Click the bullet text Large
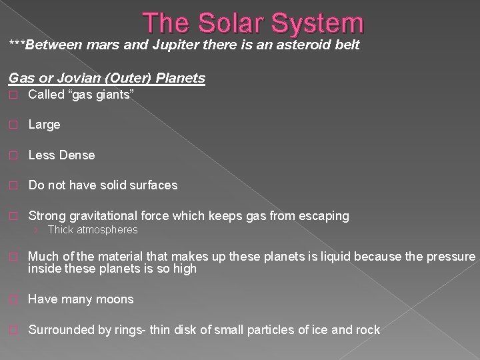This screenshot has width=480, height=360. pyautogui.click(x=44, y=125)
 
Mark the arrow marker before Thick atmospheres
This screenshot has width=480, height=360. pyautogui.click(x=38, y=230)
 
